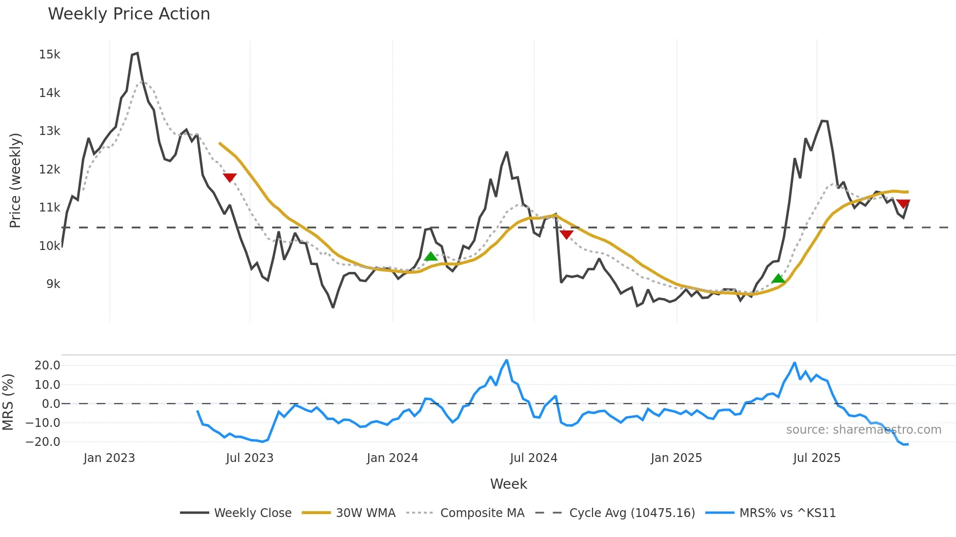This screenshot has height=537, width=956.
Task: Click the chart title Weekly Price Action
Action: click(x=129, y=14)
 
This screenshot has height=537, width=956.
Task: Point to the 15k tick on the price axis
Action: click(x=50, y=55)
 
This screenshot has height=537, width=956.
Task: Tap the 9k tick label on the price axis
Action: click(x=53, y=284)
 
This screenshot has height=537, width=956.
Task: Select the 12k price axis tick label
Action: click(x=50, y=170)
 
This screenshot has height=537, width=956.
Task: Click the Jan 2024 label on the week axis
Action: click(x=392, y=458)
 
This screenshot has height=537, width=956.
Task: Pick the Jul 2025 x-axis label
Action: click(x=817, y=458)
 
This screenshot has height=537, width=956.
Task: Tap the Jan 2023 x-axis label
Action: click(x=109, y=458)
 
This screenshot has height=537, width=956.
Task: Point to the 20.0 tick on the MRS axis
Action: click(x=47, y=365)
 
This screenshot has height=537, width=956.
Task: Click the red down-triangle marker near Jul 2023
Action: click(x=230, y=178)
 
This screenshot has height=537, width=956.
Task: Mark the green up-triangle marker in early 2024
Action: click(x=431, y=256)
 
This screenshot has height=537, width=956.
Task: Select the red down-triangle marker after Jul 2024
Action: click(x=566, y=235)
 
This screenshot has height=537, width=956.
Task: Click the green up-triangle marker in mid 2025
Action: click(x=778, y=278)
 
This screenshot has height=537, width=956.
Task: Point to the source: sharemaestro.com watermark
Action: click(x=863, y=430)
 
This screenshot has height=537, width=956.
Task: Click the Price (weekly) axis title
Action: click(x=15, y=180)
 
